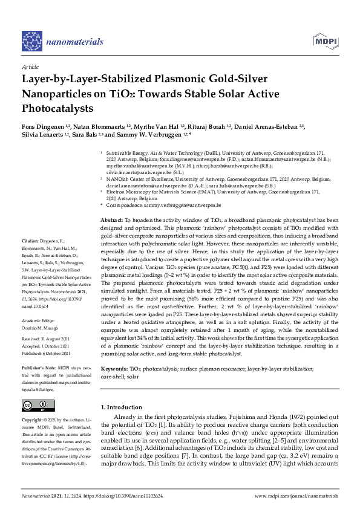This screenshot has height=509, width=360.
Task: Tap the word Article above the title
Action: coord(30,66)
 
